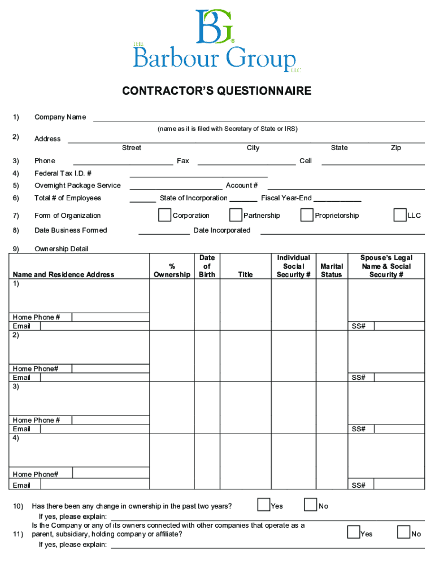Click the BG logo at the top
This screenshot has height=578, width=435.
215,27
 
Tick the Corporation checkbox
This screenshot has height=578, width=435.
165,215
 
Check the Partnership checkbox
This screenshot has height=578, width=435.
236,215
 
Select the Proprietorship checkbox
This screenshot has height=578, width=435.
307,215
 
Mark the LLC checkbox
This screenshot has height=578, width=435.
400,215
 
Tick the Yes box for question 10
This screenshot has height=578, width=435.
263,505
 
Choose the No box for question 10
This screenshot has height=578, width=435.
310,505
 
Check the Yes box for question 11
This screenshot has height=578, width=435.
354,532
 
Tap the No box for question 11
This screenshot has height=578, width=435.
403,532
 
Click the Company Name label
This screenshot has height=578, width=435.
60,117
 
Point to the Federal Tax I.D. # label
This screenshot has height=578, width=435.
63,173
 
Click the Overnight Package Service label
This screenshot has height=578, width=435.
77,186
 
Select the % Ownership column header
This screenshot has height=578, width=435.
172,270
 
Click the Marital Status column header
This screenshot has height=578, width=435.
331,270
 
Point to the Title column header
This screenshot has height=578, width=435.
245,275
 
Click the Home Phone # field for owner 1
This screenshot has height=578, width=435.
111,317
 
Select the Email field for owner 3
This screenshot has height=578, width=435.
94,429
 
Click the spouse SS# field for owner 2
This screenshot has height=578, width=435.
399,378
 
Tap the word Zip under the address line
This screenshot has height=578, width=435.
396,148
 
